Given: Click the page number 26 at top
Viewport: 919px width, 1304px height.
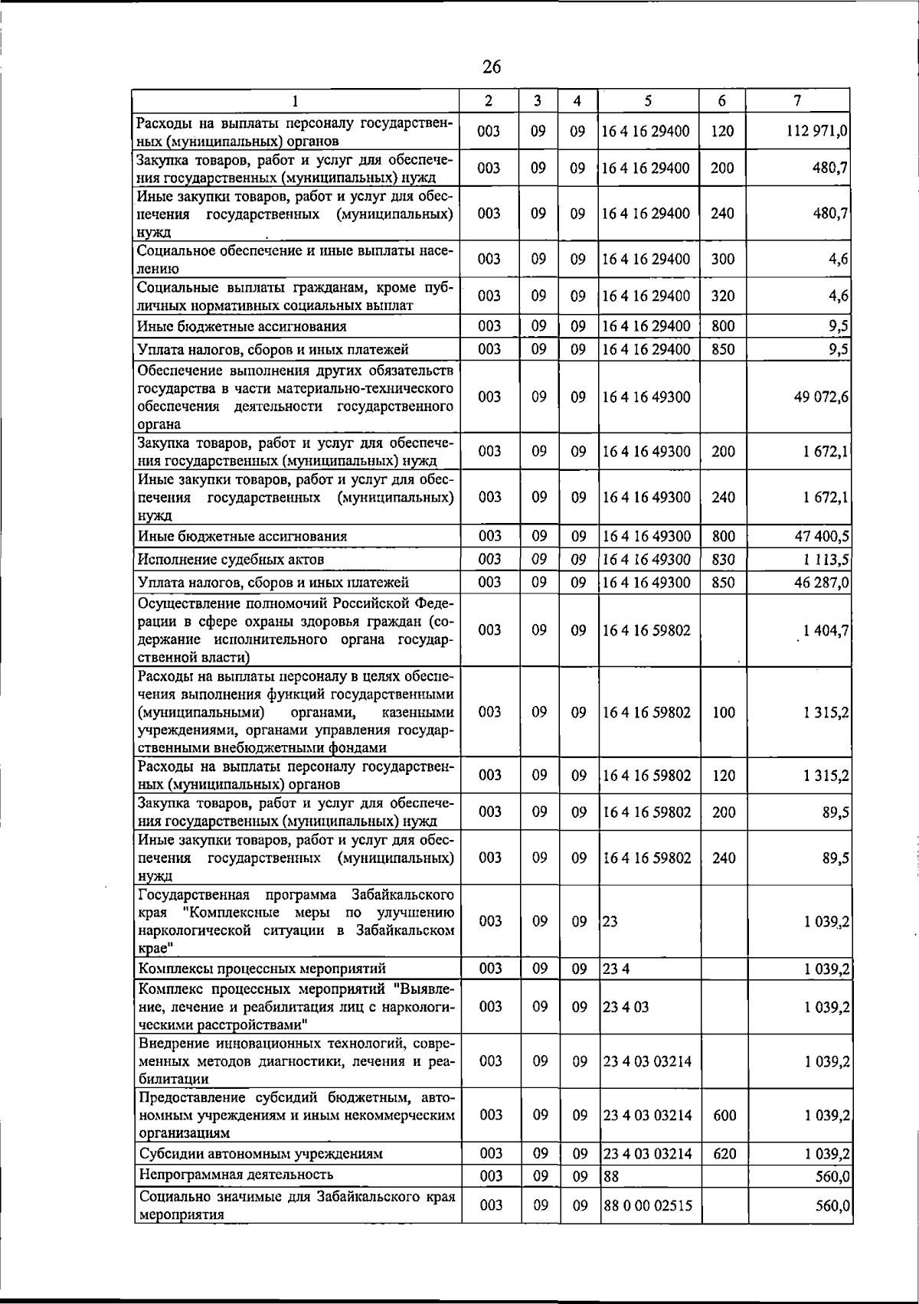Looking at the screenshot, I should pyautogui.click(x=491, y=67).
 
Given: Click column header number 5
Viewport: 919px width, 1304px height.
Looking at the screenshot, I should pyautogui.click(x=648, y=100).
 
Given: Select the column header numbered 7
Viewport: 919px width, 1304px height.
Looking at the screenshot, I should pyautogui.click(x=798, y=100).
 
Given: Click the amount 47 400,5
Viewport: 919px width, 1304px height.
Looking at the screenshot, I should pyautogui.click(x=820, y=536).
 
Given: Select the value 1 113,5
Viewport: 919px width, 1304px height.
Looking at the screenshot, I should pyautogui.click(x=823, y=560).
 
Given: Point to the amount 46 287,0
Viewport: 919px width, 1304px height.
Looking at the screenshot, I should pyautogui.click(x=820, y=583).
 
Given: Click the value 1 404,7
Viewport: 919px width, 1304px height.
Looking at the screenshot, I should pyautogui.click(x=826, y=630).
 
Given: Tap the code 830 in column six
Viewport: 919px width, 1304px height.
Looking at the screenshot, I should pyautogui.click(x=723, y=560).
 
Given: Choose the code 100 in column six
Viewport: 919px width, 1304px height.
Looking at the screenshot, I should pyautogui.click(x=723, y=712).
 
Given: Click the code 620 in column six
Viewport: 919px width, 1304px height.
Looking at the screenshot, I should pyautogui.click(x=724, y=1153).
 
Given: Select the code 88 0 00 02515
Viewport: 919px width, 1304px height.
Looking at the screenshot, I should pyautogui.click(x=647, y=1205).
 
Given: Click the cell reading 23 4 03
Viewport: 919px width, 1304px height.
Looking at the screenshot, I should pyautogui.click(x=626, y=1007).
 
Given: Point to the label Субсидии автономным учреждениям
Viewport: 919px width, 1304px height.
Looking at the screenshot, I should pyautogui.click(x=260, y=1153).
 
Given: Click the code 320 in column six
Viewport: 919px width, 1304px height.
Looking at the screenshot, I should pyautogui.click(x=722, y=296).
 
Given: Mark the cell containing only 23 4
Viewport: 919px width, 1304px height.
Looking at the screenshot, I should pyautogui.click(x=616, y=969).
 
